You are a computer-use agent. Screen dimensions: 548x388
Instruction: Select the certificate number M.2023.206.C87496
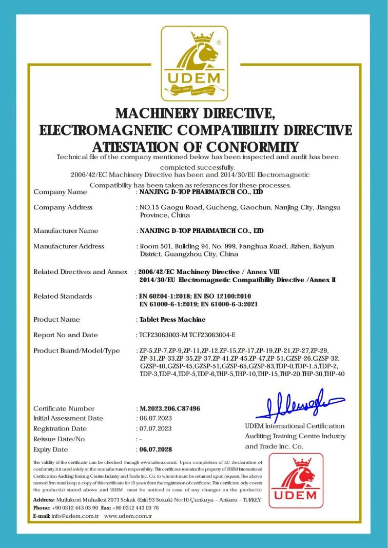[170, 408]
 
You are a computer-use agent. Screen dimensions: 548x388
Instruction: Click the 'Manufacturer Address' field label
[69, 246]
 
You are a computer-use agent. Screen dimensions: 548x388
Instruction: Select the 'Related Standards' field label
[63, 296]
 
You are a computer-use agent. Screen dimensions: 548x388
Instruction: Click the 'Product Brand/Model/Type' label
[76, 350]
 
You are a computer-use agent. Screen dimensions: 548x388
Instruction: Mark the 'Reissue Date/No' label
[59, 439]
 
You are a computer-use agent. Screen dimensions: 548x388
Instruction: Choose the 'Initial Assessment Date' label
[68, 418]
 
